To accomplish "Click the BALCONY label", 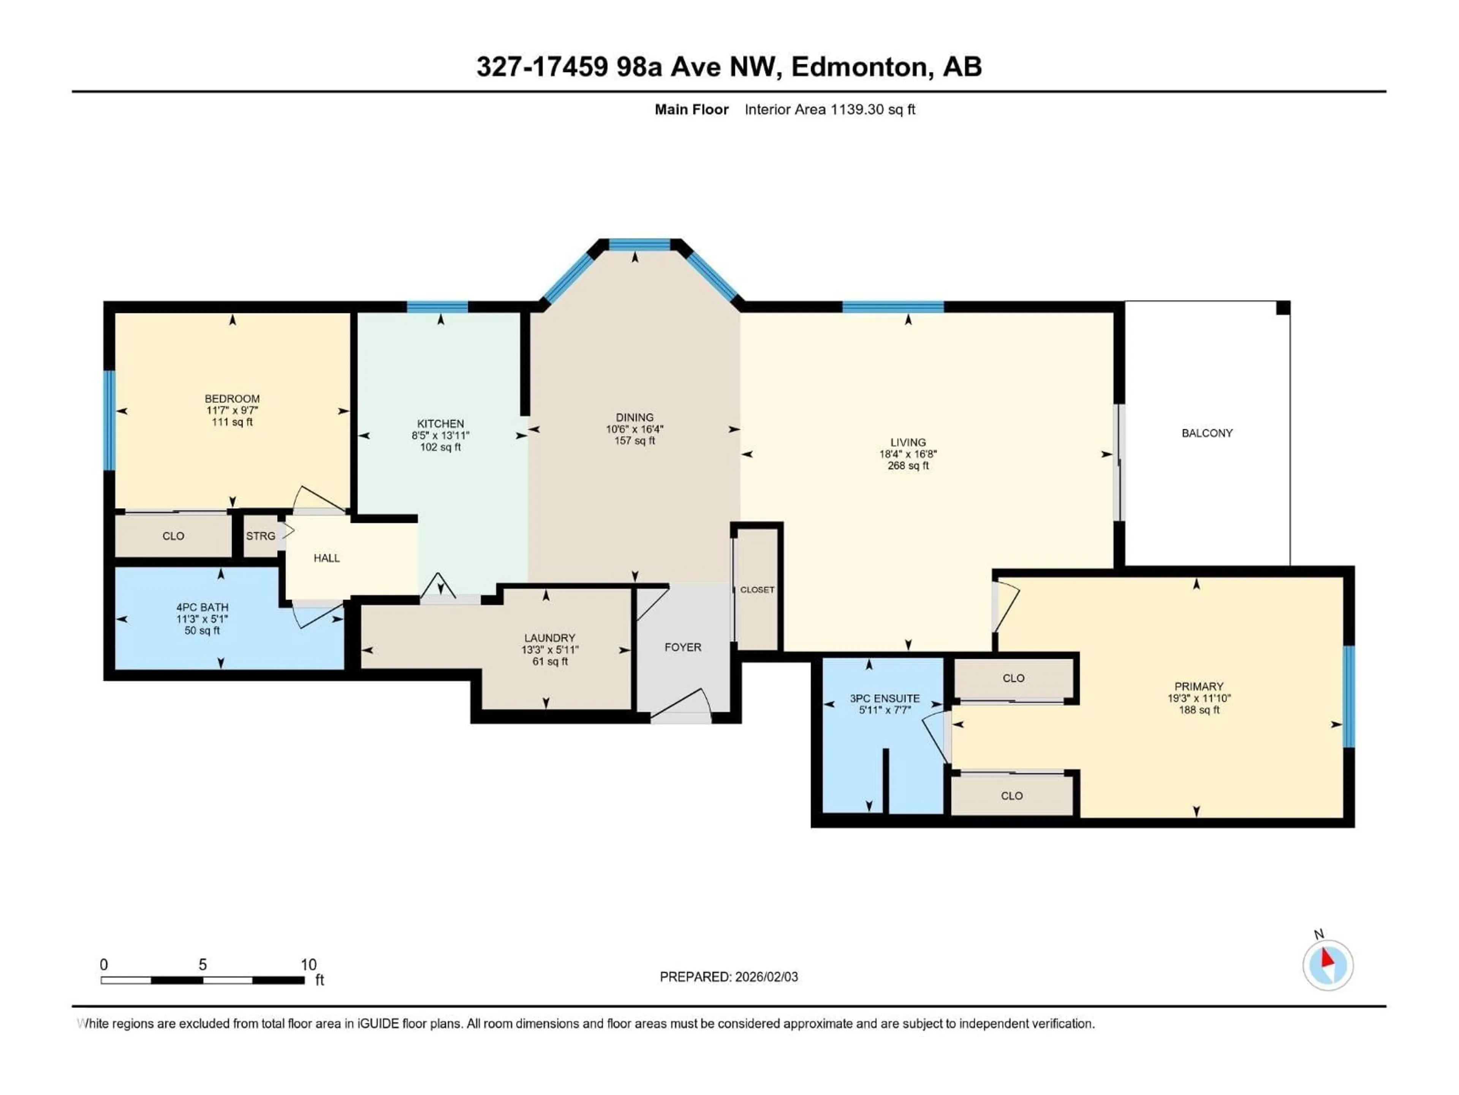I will pyautogui.click(x=1207, y=433).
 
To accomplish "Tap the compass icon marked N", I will pyautogui.click(x=1328, y=965).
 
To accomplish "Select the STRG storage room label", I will pyautogui.click(x=261, y=536).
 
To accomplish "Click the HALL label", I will pyautogui.click(x=326, y=558).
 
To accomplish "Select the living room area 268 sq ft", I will pyautogui.click(x=908, y=465).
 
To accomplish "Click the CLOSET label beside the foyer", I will pyautogui.click(x=757, y=589).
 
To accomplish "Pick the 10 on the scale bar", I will pyautogui.click(x=309, y=964).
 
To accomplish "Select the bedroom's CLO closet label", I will pyautogui.click(x=174, y=536).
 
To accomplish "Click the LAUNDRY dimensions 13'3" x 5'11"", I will pyautogui.click(x=549, y=649).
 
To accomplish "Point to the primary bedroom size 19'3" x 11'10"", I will pyautogui.click(x=1198, y=698).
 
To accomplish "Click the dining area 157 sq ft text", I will pyautogui.click(x=635, y=440).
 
